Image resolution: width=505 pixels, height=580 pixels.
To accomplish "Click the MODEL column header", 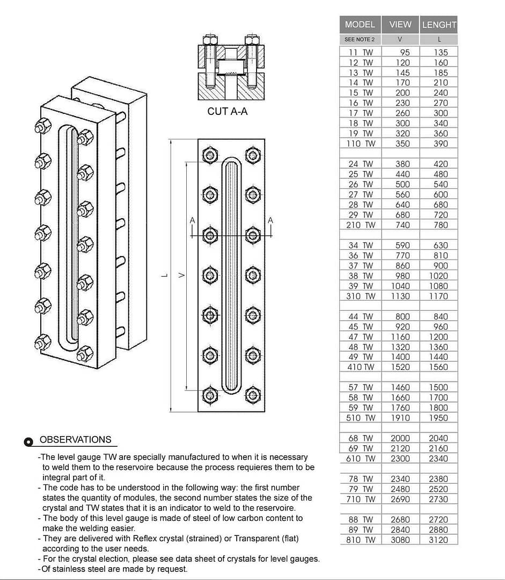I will pyautogui.click(x=360, y=25).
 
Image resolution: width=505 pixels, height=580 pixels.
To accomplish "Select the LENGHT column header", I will pyautogui.click(x=439, y=25).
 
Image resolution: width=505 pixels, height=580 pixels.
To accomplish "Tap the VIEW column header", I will pyautogui.click(x=400, y=25).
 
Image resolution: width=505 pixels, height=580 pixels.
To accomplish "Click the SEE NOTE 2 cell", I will pyautogui.click(x=360, y=39).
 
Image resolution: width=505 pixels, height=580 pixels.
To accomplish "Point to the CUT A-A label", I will pyautogui.click(x=228, y=112).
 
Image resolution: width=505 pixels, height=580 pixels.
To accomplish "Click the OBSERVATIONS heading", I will pyautogui.click(x=76, y=439).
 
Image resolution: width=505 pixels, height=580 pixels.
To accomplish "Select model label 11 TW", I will pyautogui.click(x=361, y=53).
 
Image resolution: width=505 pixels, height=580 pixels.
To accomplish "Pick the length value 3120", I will pyautogui.click(x=438, y=540).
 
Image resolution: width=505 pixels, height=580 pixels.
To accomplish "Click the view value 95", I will pyautogui.click(x=405, y=53).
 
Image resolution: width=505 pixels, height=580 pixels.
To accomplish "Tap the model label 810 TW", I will pyautogui.click(x=361, y=540).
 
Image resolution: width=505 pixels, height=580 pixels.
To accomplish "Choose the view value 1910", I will pyautogui.click(x=400, y=418).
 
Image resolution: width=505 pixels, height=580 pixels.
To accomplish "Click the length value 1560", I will pyautogui.click(x=438, y=367).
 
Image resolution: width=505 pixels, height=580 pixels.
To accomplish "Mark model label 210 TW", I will pyautogui.click(x=361, y=225).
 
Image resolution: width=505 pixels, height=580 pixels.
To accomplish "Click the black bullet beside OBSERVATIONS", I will pyautogui.click(x=29, y=441).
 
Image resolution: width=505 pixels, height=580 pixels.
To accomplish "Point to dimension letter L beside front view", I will pyautogui.click(x=164, y=275).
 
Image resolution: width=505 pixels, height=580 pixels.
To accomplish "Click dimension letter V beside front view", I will pyautogui.click(x=181, y=275).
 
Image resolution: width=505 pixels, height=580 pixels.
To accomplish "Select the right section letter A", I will pyautogui.click(x=270, y=220).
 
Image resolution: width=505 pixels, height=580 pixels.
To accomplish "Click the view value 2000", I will pyautogui.click(x=400, y=438).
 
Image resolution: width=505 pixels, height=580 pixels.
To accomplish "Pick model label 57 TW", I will pyautogui.click(x=361, y=387).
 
